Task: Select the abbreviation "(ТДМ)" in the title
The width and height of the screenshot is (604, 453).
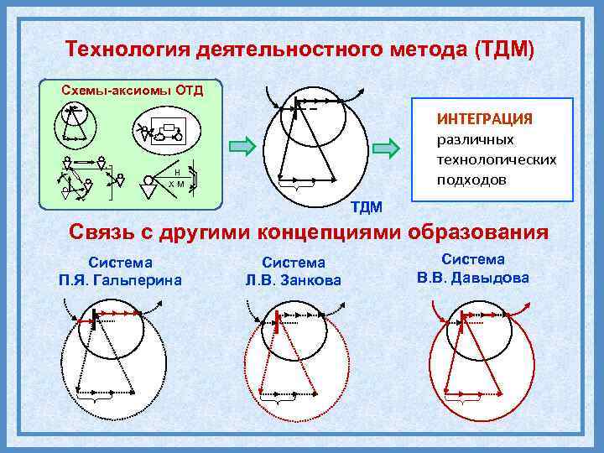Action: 503,49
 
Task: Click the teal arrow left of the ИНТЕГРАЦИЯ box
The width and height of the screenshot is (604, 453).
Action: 386,148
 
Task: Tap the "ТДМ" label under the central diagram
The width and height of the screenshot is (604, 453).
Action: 366,206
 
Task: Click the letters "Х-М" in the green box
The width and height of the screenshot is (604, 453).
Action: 176,183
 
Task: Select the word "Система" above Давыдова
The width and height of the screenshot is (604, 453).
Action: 473,260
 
